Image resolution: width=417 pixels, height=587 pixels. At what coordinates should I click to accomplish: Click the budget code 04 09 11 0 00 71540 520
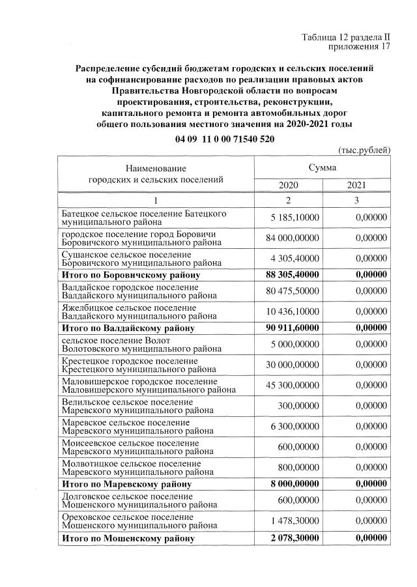(225, 139)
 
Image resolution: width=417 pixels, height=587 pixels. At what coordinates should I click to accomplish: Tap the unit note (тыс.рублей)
(364, 150)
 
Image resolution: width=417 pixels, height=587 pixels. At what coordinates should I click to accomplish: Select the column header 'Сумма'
(323, 167)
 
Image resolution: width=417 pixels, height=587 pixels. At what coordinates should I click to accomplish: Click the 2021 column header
(356, 185)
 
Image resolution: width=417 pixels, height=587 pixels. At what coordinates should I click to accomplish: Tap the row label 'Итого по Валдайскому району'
(128, 328)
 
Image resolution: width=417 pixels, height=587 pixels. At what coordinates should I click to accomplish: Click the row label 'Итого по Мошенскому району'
(128, 539)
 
